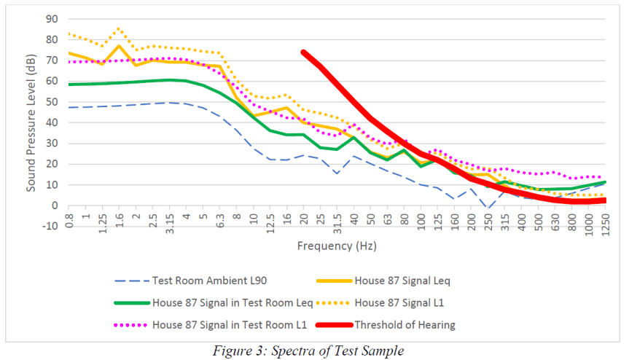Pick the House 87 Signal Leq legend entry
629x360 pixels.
coord(399,280)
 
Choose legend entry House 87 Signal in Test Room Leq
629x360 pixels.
coord(233,302)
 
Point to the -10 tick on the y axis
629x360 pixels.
coord(50,226)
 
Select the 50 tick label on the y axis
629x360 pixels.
coord(52,102)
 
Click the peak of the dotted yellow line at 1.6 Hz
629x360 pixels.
coord(119,29)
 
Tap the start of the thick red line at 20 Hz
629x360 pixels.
coord(303,52)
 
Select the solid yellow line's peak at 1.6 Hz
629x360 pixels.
coord(119,46)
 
